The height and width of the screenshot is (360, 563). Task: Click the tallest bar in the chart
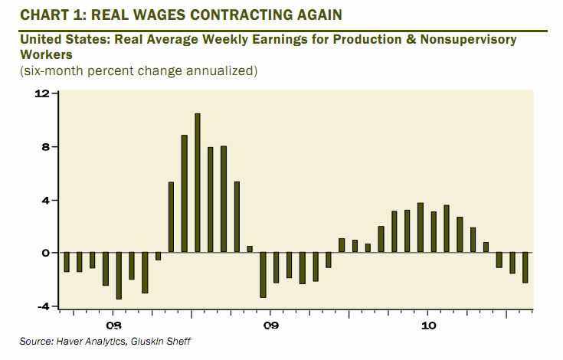point(198,183)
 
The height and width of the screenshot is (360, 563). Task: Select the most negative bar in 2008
point(119,276)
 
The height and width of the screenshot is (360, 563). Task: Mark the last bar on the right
point(525,268)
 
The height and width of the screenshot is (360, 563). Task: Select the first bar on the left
point(67,262)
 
